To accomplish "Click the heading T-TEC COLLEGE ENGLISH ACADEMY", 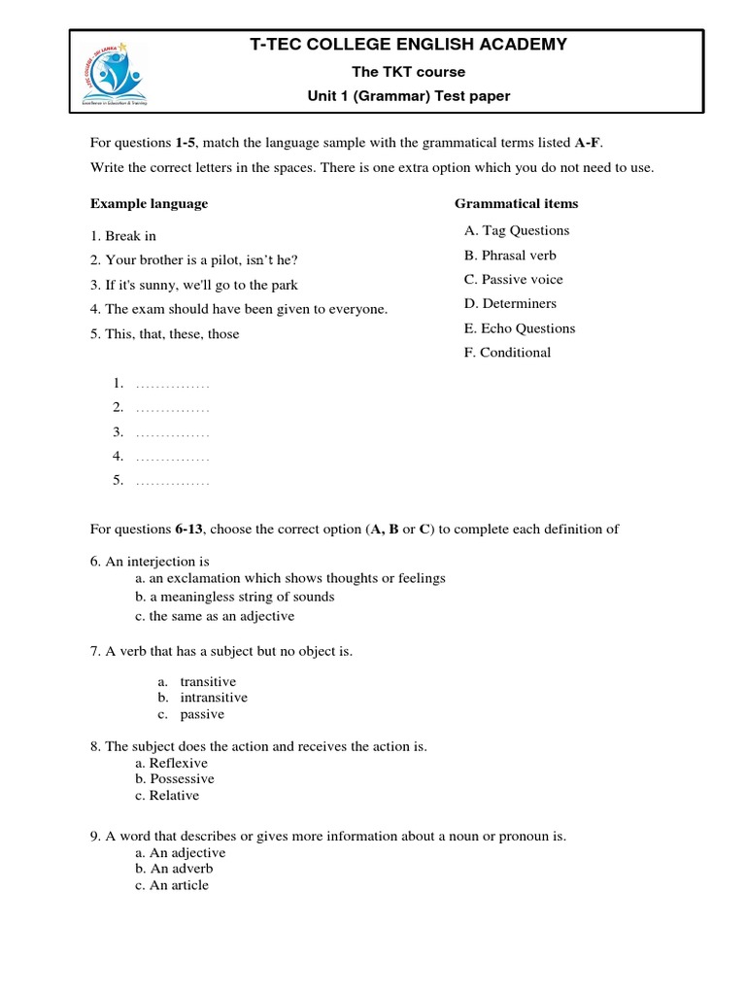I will pos(408,45).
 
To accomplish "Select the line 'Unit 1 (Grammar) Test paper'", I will pos(408,96).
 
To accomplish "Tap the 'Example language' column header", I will pos(149,204).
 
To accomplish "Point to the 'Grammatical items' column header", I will pos(516,204).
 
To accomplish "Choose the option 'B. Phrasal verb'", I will pos(510,256).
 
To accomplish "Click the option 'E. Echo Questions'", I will pos(520,328).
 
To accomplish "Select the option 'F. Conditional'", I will pos(507,353).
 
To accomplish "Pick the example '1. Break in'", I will pos(123,236).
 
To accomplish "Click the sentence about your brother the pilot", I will pos(194,260).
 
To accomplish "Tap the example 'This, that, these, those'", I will pos(165,334).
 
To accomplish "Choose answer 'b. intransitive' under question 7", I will pos(214,698).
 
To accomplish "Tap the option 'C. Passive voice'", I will pos(513,280).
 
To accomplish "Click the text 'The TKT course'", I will pos(408,72).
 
